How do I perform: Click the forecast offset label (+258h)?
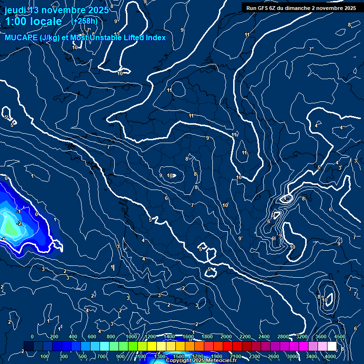click(84, 21)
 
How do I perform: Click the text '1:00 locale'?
click(33, 21)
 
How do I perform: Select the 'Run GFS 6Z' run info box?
click(301, 8)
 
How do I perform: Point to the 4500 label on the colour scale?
click(339, 337)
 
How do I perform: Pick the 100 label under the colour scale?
click(45, 356)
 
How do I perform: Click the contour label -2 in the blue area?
click(19, 223)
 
